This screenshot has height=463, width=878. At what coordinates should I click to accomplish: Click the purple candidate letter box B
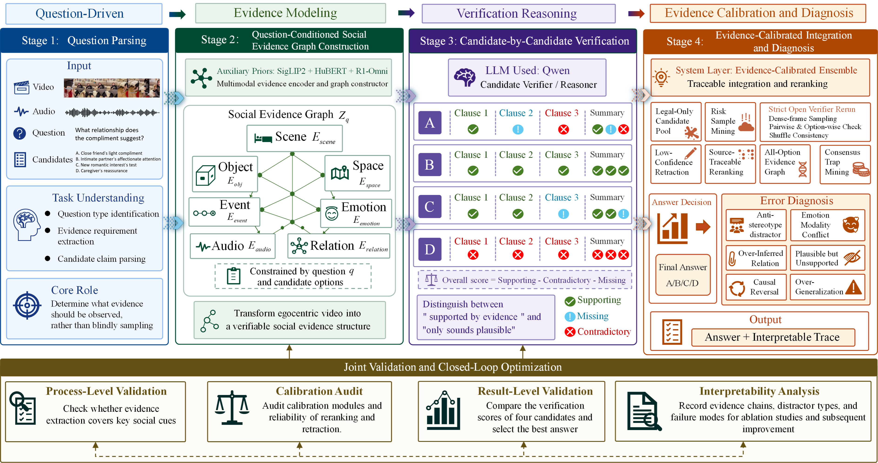tap(429, 165)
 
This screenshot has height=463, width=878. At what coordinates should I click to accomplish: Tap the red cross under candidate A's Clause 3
tap(563, 129)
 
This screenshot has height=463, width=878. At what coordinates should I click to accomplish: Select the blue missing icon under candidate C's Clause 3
tap(563, 214)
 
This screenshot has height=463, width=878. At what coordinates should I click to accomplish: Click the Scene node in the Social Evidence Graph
tap(294, 138)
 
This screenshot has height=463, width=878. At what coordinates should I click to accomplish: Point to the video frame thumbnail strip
tap(112, 88)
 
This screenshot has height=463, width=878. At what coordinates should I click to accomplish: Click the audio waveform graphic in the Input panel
tap(112, 112)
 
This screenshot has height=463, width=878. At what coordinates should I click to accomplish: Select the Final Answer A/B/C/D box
tap(683, 275)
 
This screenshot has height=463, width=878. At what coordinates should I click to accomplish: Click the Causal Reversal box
tap(756, 287)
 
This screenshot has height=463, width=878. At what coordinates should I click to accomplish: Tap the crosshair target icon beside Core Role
tap(27, 305)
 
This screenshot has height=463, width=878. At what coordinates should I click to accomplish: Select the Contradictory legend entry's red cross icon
tap(570, 332)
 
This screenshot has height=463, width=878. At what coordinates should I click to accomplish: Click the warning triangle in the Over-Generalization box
tap(853, 287)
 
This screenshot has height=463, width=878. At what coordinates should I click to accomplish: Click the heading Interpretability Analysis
tap(759, 391)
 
